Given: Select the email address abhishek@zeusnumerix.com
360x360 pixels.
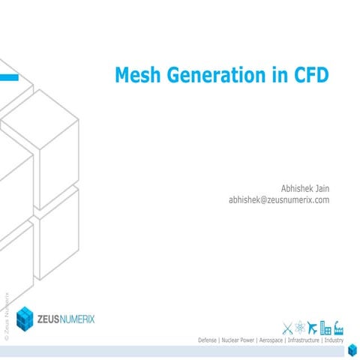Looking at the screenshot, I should tap(279, 200).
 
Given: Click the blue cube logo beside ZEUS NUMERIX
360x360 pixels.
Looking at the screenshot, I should tap(25, 317).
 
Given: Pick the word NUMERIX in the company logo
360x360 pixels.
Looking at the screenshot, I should tap(92, 318).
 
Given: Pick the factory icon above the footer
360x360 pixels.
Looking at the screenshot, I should tap(338, 327).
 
